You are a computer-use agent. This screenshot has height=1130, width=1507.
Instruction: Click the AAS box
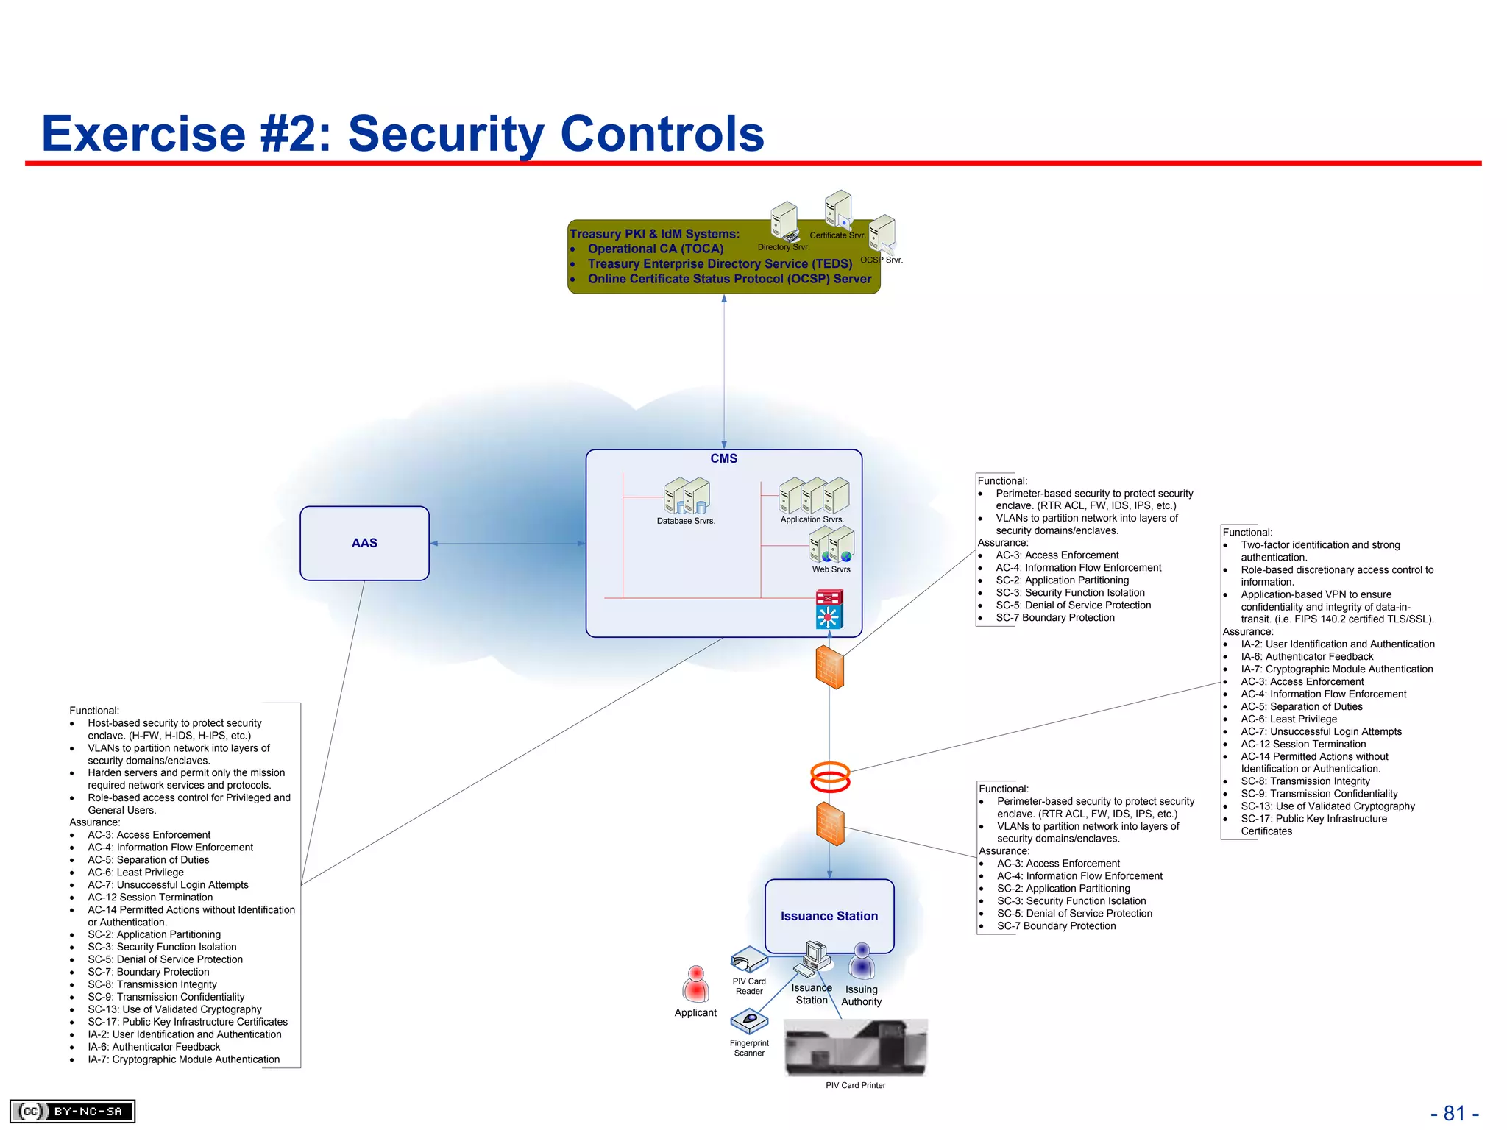click(x=364, y=543)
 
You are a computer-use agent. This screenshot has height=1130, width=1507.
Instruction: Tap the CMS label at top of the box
click(x=723, y=458)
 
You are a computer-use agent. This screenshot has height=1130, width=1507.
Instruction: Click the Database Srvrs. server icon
click(x=687, y=496)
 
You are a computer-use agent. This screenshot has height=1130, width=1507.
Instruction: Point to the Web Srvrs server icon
click(x=831, y=544)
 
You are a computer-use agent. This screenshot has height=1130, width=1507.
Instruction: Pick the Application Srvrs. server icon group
click(x=814, y=495)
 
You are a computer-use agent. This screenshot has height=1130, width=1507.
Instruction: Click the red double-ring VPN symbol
click(x=830, y=777)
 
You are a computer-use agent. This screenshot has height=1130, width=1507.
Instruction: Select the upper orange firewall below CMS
click(x=830, y=667)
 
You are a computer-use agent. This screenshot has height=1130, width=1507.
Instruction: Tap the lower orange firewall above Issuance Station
click(x=830, y=824)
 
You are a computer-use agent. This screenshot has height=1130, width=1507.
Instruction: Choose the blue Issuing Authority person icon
click(x=862, y=962)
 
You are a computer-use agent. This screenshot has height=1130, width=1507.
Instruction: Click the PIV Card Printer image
click(x=856, y=1048)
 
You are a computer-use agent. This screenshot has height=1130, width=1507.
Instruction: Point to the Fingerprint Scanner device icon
click(x=749, y=1021)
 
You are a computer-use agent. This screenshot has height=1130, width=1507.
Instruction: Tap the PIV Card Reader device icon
click(x=749, y=959)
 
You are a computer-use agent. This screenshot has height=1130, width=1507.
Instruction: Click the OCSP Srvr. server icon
click(x=882, y=234)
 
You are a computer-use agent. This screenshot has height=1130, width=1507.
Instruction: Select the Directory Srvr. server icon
click(x=784, y=221)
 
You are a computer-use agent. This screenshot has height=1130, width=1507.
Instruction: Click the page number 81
click(x=1454, y=1113)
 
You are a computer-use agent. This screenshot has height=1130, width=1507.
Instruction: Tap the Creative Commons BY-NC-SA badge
click(x=72, y=1111)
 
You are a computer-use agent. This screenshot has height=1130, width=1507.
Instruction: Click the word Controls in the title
click(x=662, y=134)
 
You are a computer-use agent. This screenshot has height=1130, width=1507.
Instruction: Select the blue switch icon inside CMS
click(x=829, y=616)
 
